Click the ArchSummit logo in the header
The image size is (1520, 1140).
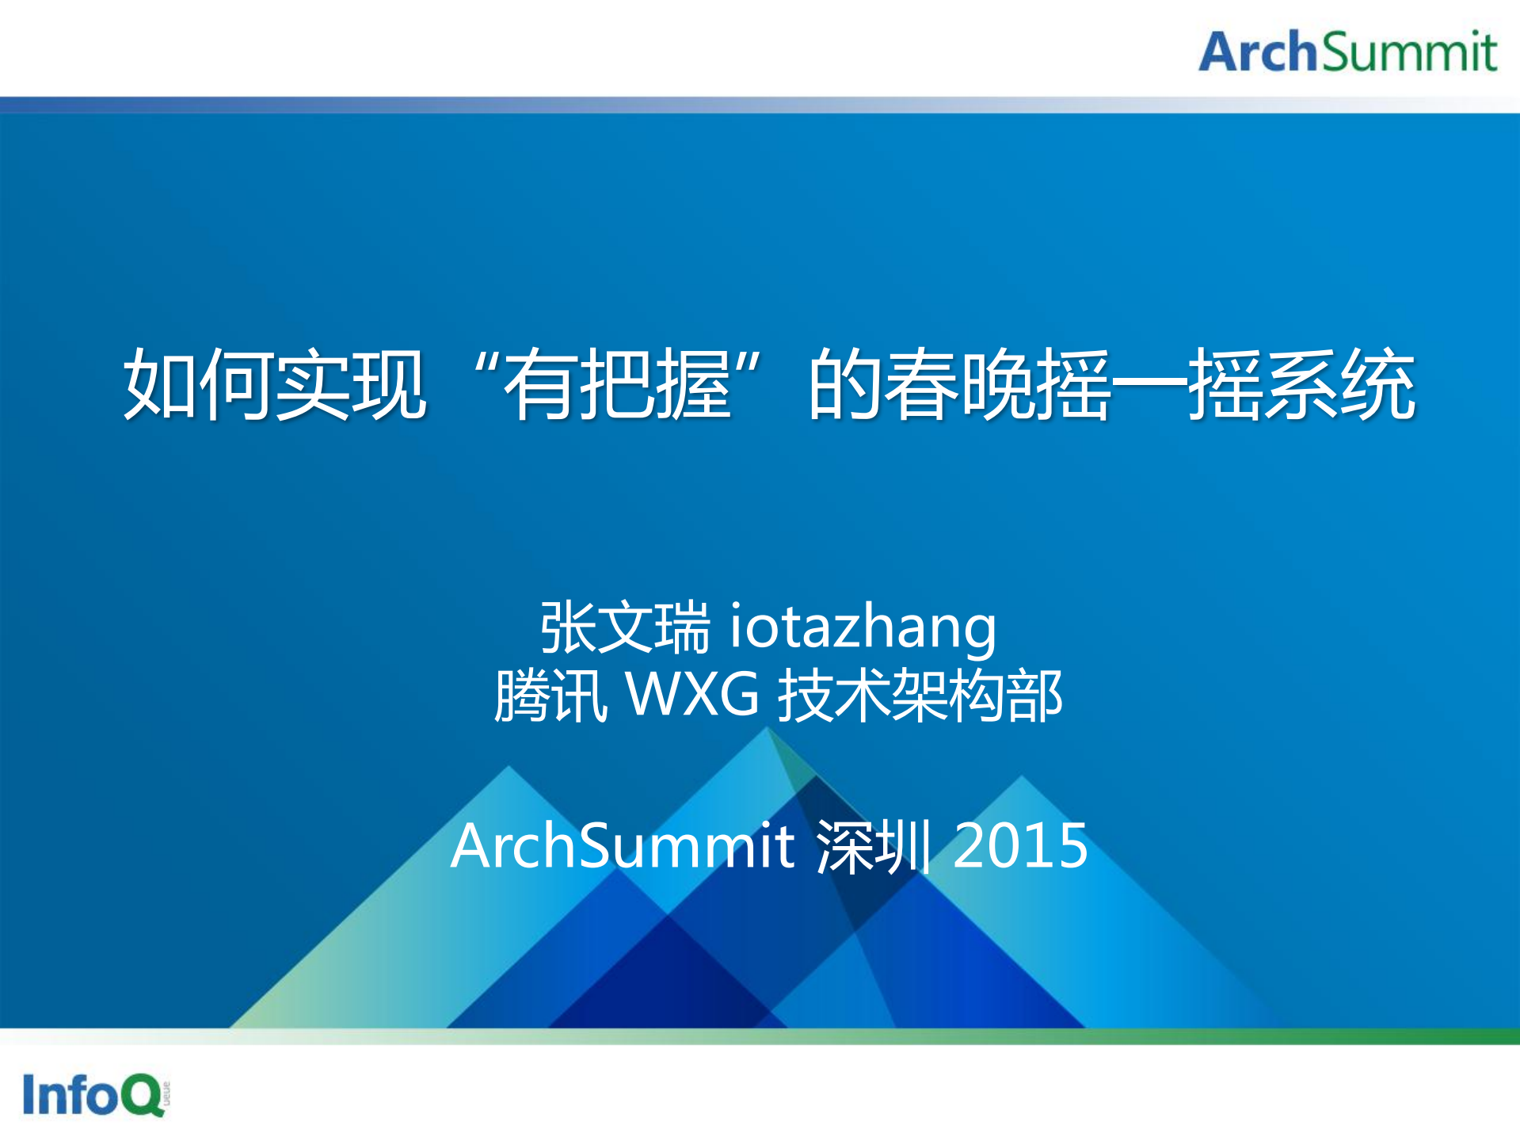point(1347,51)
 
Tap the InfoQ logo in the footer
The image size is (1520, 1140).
point(96,1094)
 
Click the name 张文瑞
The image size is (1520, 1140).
point(625,627)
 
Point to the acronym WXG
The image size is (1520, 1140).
point(693,694)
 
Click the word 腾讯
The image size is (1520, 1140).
point(551,695)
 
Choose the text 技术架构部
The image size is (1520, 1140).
point(920,695)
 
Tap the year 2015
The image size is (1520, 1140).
point(1020,845)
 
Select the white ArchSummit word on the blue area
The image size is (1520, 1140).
point(623,845)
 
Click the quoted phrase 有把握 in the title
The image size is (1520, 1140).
point(617,384)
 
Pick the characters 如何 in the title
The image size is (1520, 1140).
point(199,384)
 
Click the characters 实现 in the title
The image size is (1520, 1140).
point(351,384)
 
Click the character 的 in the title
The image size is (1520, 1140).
point(846,384)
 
